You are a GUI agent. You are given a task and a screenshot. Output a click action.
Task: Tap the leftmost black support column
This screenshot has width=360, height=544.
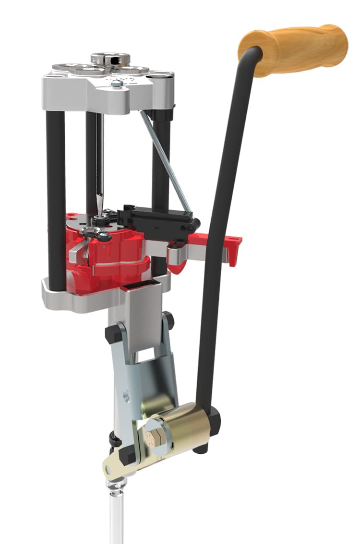click(56, 202)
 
